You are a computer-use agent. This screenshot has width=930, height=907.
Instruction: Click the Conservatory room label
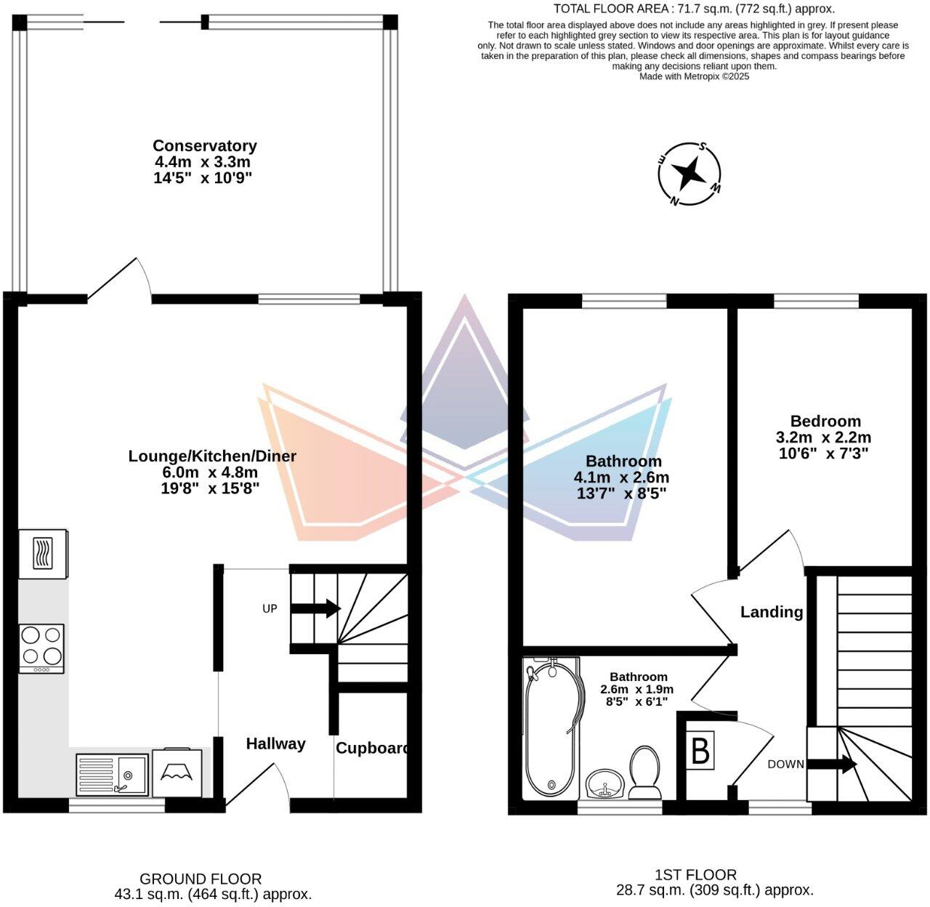[x=204, y=146]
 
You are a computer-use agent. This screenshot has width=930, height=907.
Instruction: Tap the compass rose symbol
[x=689, y=174]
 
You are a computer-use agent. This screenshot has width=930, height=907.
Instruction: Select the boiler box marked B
[x=700, y=751]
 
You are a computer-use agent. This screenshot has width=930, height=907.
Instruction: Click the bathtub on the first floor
[x=553, y=727]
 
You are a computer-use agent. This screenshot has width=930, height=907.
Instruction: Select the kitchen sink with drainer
[x=112, y=775]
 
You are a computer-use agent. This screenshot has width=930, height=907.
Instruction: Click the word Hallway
[x=275, y=743]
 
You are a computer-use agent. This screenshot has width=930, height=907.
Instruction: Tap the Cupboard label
[x=371, y=748]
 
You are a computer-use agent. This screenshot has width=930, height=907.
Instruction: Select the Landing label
[x=772, y=612]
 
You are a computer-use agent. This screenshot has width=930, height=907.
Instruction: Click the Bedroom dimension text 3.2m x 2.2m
[x=823, y=438]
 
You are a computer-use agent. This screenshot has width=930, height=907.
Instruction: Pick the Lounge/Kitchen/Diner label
[x=212, y=456]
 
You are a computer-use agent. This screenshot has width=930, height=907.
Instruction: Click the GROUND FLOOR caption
[x=201, y=879]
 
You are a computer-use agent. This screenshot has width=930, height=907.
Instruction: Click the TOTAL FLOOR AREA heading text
[x=694, y=9]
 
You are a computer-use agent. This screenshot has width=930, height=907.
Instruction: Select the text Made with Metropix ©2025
[x=694, y=76]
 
